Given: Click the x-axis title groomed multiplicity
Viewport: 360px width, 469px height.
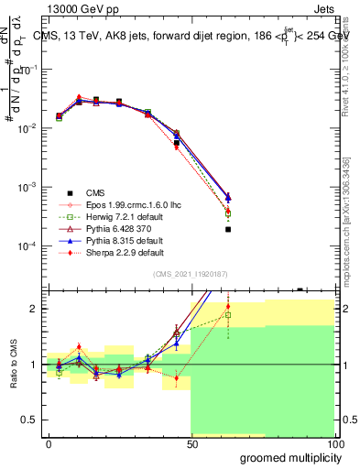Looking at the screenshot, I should [289, 458].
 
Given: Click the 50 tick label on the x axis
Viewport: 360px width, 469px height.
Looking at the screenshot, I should [191, 444].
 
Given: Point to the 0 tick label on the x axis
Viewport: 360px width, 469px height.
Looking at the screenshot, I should [49, 444].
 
